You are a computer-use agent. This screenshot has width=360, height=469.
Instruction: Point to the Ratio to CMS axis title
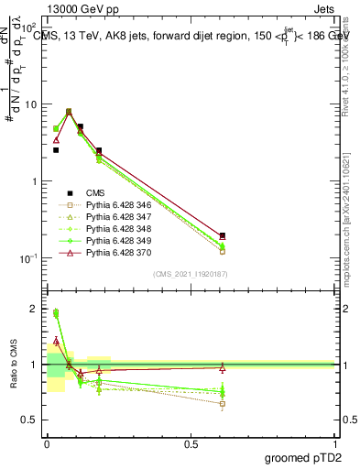coord(12,365)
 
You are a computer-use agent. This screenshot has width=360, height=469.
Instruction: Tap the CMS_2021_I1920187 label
coord(191,274)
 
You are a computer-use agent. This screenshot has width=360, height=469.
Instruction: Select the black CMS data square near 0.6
coord(223,235)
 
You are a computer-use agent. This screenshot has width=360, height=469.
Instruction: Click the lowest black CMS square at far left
coord(56,149)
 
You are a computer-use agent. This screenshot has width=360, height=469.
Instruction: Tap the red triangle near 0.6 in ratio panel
coord(223,367)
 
